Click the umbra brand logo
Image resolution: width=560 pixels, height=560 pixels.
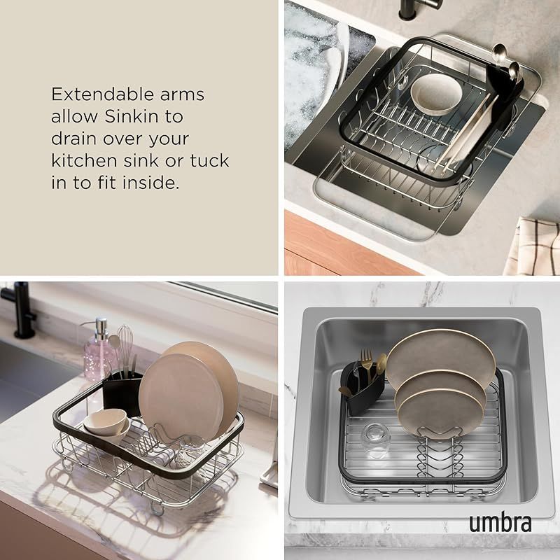pyautogui.click(x=500, y=523)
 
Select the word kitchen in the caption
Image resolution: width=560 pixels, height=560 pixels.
pyautogui.click(x=84, y=160)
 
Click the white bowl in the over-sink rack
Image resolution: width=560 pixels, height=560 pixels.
pyautogui.click(x=436, y=94)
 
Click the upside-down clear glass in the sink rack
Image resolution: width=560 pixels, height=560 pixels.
pyautogui.click(x=374, y=440)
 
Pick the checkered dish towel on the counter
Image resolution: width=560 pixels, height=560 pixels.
pyautogui.click(x=532, y=246)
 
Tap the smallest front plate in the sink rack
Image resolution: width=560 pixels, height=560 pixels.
pyautogui.click(x=440, y=412)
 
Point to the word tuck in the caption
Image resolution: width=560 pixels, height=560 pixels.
pyautogui.click(x=209, y=160)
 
